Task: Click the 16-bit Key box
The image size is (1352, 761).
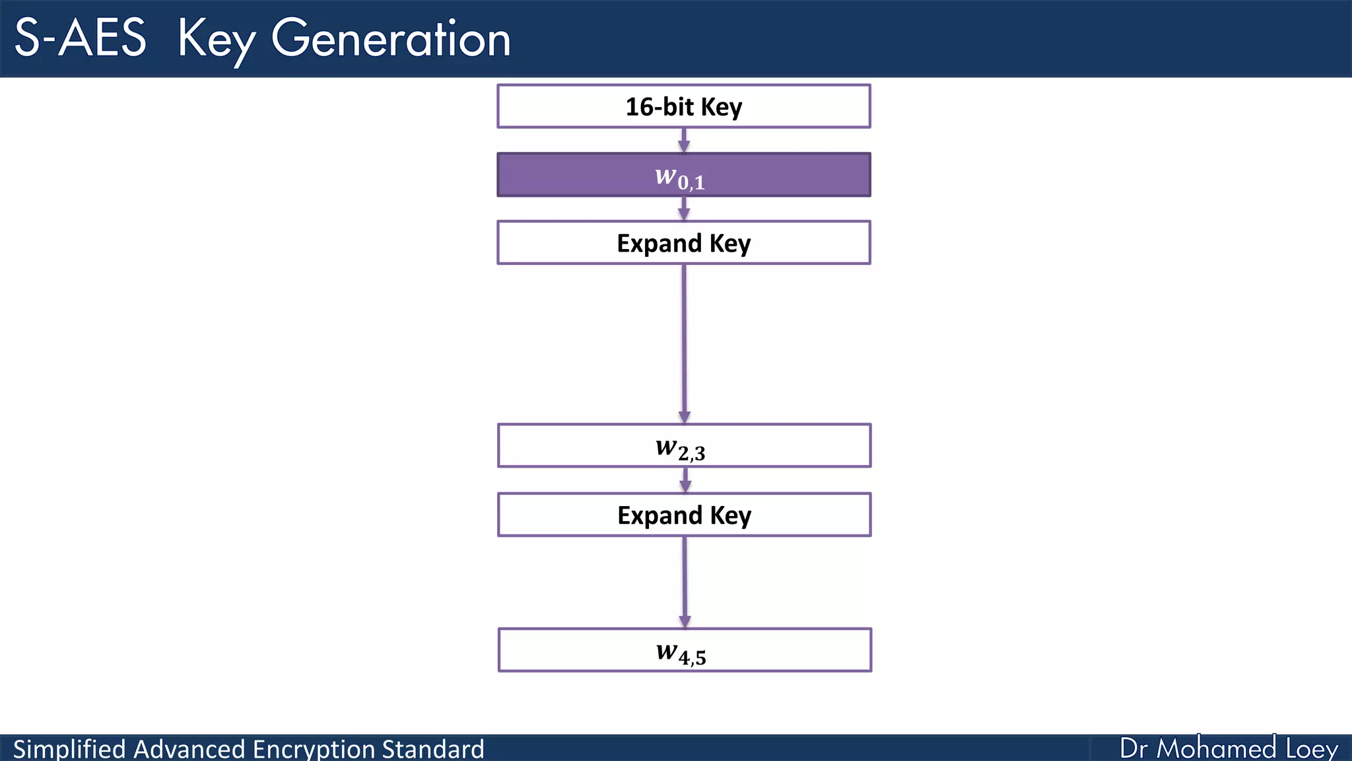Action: (683, 106)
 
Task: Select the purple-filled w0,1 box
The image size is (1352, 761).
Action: (683, 175)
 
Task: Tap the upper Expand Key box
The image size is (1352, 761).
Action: (683, 243)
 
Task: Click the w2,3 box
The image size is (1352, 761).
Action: (684, 446)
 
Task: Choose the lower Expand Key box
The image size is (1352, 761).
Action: (684, 515)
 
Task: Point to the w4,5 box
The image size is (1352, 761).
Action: (684, 651)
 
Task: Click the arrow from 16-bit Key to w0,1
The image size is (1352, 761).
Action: (684, 141)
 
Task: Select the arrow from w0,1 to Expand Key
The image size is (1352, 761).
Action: (684, 209)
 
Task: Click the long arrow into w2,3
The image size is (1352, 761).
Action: (684, 344)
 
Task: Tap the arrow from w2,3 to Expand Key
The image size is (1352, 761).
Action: (685, 480)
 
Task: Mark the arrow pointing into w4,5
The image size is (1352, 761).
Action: (685, 581)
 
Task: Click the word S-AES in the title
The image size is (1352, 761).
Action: (80, 38)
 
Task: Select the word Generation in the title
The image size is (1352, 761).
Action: (391, 38)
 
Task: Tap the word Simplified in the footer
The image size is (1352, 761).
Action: (69, 749)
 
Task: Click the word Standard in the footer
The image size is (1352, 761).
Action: (433, 749)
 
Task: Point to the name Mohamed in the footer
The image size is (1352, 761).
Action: (1216, 748)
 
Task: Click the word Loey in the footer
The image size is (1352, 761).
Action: (1312, 748)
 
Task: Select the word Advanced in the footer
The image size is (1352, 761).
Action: (189, 749)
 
